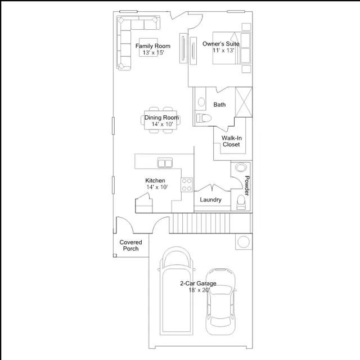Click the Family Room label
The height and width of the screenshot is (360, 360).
152,46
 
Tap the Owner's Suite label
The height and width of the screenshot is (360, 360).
220,44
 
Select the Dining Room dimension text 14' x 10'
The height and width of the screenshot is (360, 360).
163,124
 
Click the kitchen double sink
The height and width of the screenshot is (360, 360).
165,163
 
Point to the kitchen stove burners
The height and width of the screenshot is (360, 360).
186,185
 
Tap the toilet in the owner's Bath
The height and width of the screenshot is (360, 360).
204,118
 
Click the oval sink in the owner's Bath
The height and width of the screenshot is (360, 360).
201,102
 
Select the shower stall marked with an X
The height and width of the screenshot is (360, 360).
244,102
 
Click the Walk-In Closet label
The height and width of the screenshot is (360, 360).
231,141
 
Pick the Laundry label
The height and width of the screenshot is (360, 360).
210,200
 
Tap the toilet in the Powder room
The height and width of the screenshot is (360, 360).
241,202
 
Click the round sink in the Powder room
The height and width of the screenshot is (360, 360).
241,167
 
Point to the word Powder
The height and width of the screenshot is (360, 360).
247,186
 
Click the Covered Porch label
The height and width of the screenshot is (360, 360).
130,245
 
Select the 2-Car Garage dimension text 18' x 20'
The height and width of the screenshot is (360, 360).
199,290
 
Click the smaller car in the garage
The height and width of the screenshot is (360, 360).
220,301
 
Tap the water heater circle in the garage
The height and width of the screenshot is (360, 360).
244,242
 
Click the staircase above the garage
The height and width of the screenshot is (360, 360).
211,223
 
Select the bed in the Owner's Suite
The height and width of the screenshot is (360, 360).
231,48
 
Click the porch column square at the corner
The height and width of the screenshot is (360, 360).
115,255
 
